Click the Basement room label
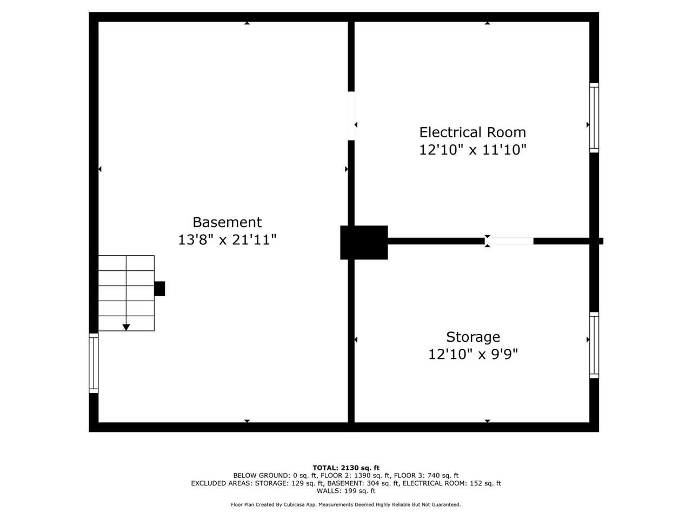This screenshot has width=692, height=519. [x=227, y=222]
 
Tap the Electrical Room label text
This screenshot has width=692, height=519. [x=473, y=132]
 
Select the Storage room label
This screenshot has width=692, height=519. [x=473, y=337]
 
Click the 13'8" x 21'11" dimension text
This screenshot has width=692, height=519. [x=227, y=239]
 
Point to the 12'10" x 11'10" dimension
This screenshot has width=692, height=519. [x=473, y=150]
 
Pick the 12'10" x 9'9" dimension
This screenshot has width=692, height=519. [x=473, y=354]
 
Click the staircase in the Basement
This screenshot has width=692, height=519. [x=127, y=293]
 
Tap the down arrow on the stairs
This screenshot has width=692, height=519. [x=126, y=327]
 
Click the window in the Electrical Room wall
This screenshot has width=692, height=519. [x=594, y=118]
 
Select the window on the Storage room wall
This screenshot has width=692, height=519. [x=594, y=345]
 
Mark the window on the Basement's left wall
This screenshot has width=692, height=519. [x=94, y=363]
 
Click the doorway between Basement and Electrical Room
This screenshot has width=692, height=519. [x=351, y=116]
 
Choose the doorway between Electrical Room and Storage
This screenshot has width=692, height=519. [x=509, y=241]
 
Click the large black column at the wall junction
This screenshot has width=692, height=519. [x=364, y=242]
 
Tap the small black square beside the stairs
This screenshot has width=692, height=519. [x=159, y=289]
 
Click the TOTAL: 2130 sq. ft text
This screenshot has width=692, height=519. [x=346, y=468]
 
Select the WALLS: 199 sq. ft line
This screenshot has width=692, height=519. [x=346, y=491]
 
